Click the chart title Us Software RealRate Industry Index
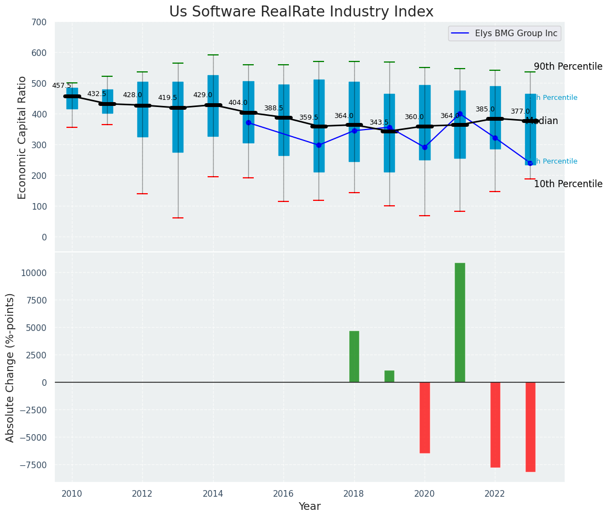point(301,12)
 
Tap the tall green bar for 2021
point(460,322)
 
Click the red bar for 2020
point(425,417)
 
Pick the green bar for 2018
point(354,356)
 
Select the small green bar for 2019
point(389,376)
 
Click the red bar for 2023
point(530,426)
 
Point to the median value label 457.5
point(62,86)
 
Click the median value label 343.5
point(379,122)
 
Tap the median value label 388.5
point(274,108)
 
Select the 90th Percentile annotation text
point(568,66)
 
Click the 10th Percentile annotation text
point(568,184)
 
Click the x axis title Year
point(309,506)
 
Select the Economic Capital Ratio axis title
point(23,137)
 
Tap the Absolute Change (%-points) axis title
point(10,367)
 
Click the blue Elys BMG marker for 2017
point(319,145)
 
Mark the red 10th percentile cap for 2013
point(177,218)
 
